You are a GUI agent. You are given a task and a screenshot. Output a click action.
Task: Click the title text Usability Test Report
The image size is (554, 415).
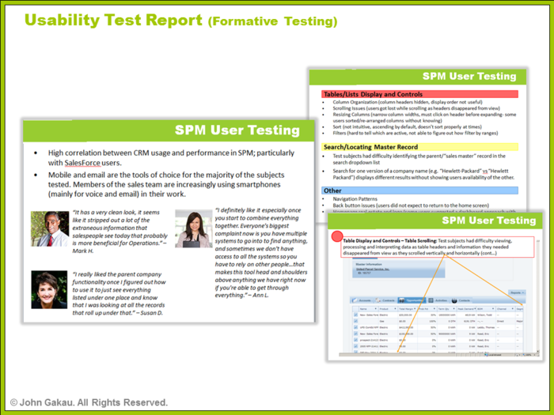coord(114,20)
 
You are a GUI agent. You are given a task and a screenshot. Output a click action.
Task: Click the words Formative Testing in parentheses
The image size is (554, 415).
coord(272,21)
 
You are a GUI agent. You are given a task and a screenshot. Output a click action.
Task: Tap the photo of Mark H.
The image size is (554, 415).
coord(49,229)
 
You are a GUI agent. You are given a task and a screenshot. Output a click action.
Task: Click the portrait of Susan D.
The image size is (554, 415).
coord(49,289)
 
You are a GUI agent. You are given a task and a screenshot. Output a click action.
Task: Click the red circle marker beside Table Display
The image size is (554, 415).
coord(336,237)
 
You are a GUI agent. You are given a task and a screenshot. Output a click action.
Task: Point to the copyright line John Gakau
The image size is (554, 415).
coord(89,402)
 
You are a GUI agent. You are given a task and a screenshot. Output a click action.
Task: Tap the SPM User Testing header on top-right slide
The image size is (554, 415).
coord(469,77)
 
